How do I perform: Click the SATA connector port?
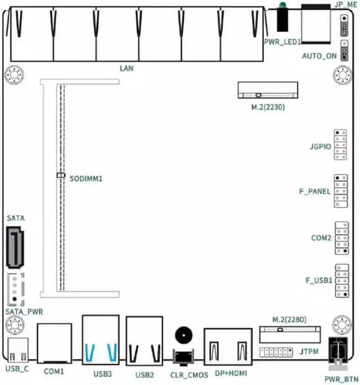pyautogui.click(x=15, y=247)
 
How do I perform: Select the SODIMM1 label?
pyautogui.click(x=88, y=178)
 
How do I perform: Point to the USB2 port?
pyautogui.click(x=145, y=341)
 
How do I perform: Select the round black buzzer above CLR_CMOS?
pyautogui.click(x=183, y=336)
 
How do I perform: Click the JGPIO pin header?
pyautogui.click(x=340, y=145)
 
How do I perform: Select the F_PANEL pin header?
pyautogui.click(x=340, y=192)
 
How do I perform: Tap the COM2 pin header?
pyautogui.click(x=340, y=238)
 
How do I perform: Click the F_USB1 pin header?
pyautogui.click(x=340, y=280)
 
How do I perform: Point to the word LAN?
pyautogui.click(x=127, y=68)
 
